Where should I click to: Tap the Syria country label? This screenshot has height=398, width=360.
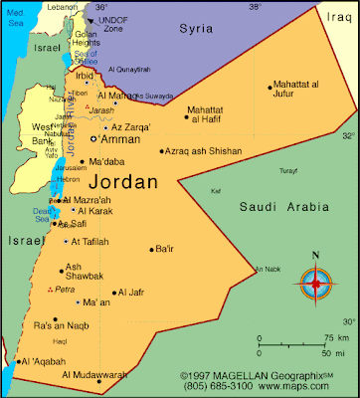click(x=195, y=30)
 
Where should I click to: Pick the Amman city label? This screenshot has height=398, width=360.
click(x=121, y=139)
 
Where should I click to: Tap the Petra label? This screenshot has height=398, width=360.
click(x=66, y=290)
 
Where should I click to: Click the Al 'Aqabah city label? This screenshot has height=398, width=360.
click(x=43, y=361)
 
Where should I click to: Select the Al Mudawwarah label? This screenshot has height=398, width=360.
click(x=95, y=375)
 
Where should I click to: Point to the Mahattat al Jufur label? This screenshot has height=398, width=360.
click(x=304, y=92)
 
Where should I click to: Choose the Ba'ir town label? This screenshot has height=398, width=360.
click(x=164, y=249)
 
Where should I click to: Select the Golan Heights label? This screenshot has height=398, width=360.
click(x=87, y=41)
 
